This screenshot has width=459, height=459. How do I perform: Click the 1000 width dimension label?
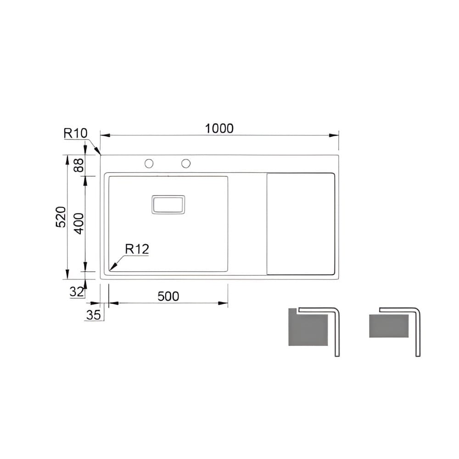coord(219,129)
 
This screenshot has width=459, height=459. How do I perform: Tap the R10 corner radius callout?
coord(76,134)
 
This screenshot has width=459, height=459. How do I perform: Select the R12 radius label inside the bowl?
coord(137,249)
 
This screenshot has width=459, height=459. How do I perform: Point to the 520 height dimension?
coord(61,217)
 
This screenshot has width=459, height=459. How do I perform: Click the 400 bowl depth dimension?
coord(78,224)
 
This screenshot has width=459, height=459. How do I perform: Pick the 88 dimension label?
coord(78,165)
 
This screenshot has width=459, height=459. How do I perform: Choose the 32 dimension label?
coord(76,291)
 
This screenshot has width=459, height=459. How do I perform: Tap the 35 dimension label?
coord(93,315)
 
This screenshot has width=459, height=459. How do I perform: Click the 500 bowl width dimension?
coord(168,296)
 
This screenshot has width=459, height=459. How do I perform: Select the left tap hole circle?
coord(149,163)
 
